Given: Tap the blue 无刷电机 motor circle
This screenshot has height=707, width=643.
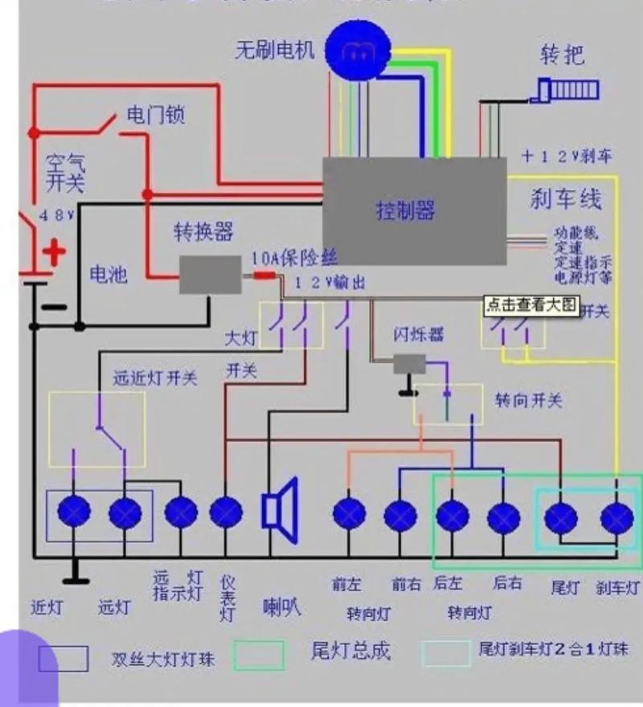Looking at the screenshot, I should click(x=354, y=50).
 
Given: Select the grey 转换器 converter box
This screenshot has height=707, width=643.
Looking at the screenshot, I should click(x=210, y=274).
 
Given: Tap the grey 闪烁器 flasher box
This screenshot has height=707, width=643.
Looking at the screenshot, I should click(x=409, y=364).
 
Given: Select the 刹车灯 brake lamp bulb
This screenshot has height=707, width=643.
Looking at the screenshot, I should click(x=616, y=516).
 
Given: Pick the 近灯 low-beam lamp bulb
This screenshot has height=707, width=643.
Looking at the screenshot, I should click(x=76, y=511).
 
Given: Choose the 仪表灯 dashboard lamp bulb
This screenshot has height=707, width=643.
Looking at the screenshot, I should click(x=226, y=511).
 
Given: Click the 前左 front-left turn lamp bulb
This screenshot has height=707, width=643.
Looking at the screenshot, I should click(x=349, y=513).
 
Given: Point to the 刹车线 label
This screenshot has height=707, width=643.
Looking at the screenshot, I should click(x=566, y=198).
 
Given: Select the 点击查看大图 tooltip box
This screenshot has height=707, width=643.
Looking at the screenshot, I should click(x=531, y=305).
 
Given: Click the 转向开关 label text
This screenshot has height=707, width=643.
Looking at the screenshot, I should click(x=528, y=400).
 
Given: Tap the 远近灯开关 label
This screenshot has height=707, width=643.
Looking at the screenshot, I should click(x=154, y=378).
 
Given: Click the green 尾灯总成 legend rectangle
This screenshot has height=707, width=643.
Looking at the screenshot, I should click(x=259, y=656).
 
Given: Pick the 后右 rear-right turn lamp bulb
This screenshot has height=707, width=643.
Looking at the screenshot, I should click(x=504, y=515).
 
